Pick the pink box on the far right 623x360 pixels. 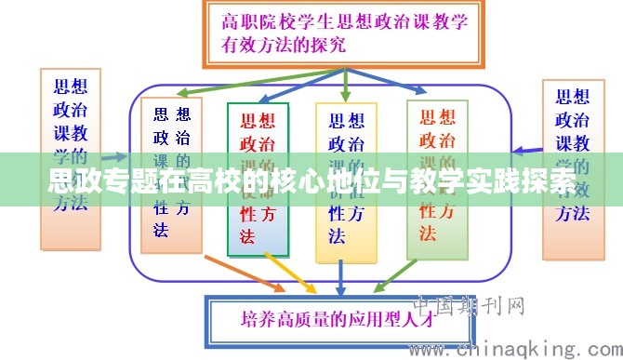click(x=572, y=153)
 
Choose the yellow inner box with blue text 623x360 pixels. click(x=346, y=181)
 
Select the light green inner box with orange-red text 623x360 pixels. click(x=437, y=177)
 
